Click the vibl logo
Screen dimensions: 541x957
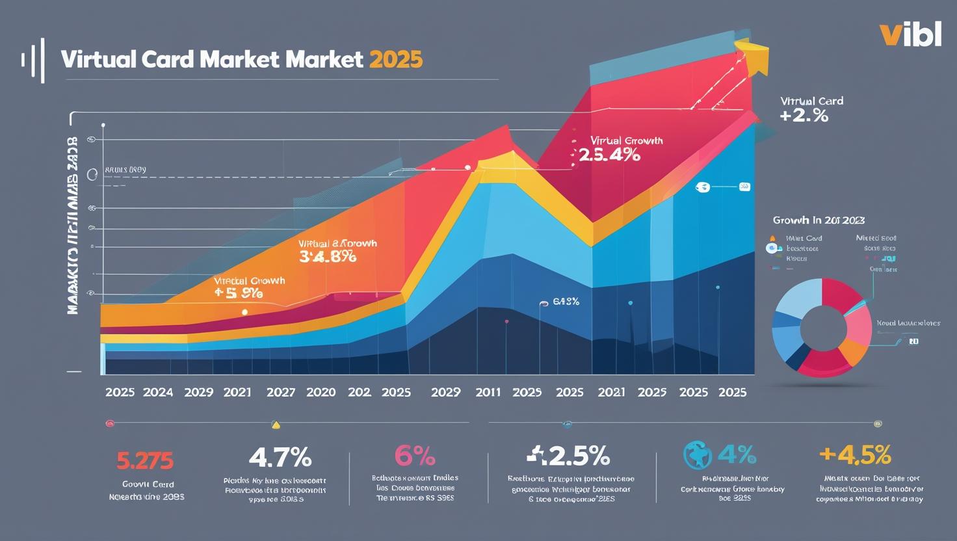910,34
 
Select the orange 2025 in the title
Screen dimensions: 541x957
396,60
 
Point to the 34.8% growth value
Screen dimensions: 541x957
328,256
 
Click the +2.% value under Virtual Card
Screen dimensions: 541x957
804,116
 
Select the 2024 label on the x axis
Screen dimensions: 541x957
158,392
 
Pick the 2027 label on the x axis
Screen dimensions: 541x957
281,392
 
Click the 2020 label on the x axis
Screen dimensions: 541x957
321,392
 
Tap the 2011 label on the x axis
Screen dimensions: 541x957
488,392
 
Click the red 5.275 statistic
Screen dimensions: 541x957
145,460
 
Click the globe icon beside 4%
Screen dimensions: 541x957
698,455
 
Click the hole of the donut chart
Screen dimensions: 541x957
822,327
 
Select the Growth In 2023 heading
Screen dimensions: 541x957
819,220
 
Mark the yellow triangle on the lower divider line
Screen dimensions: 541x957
276,425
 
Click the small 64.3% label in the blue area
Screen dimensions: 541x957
566,302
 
